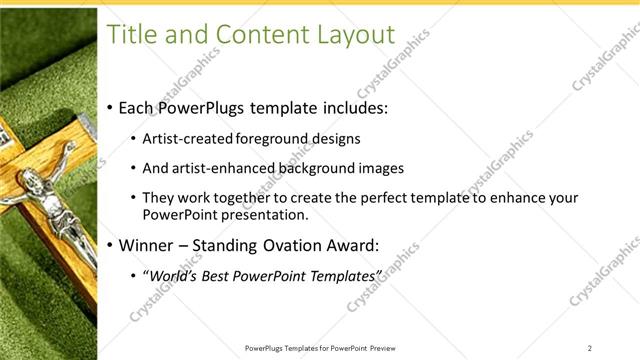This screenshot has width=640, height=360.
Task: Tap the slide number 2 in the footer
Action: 590,348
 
